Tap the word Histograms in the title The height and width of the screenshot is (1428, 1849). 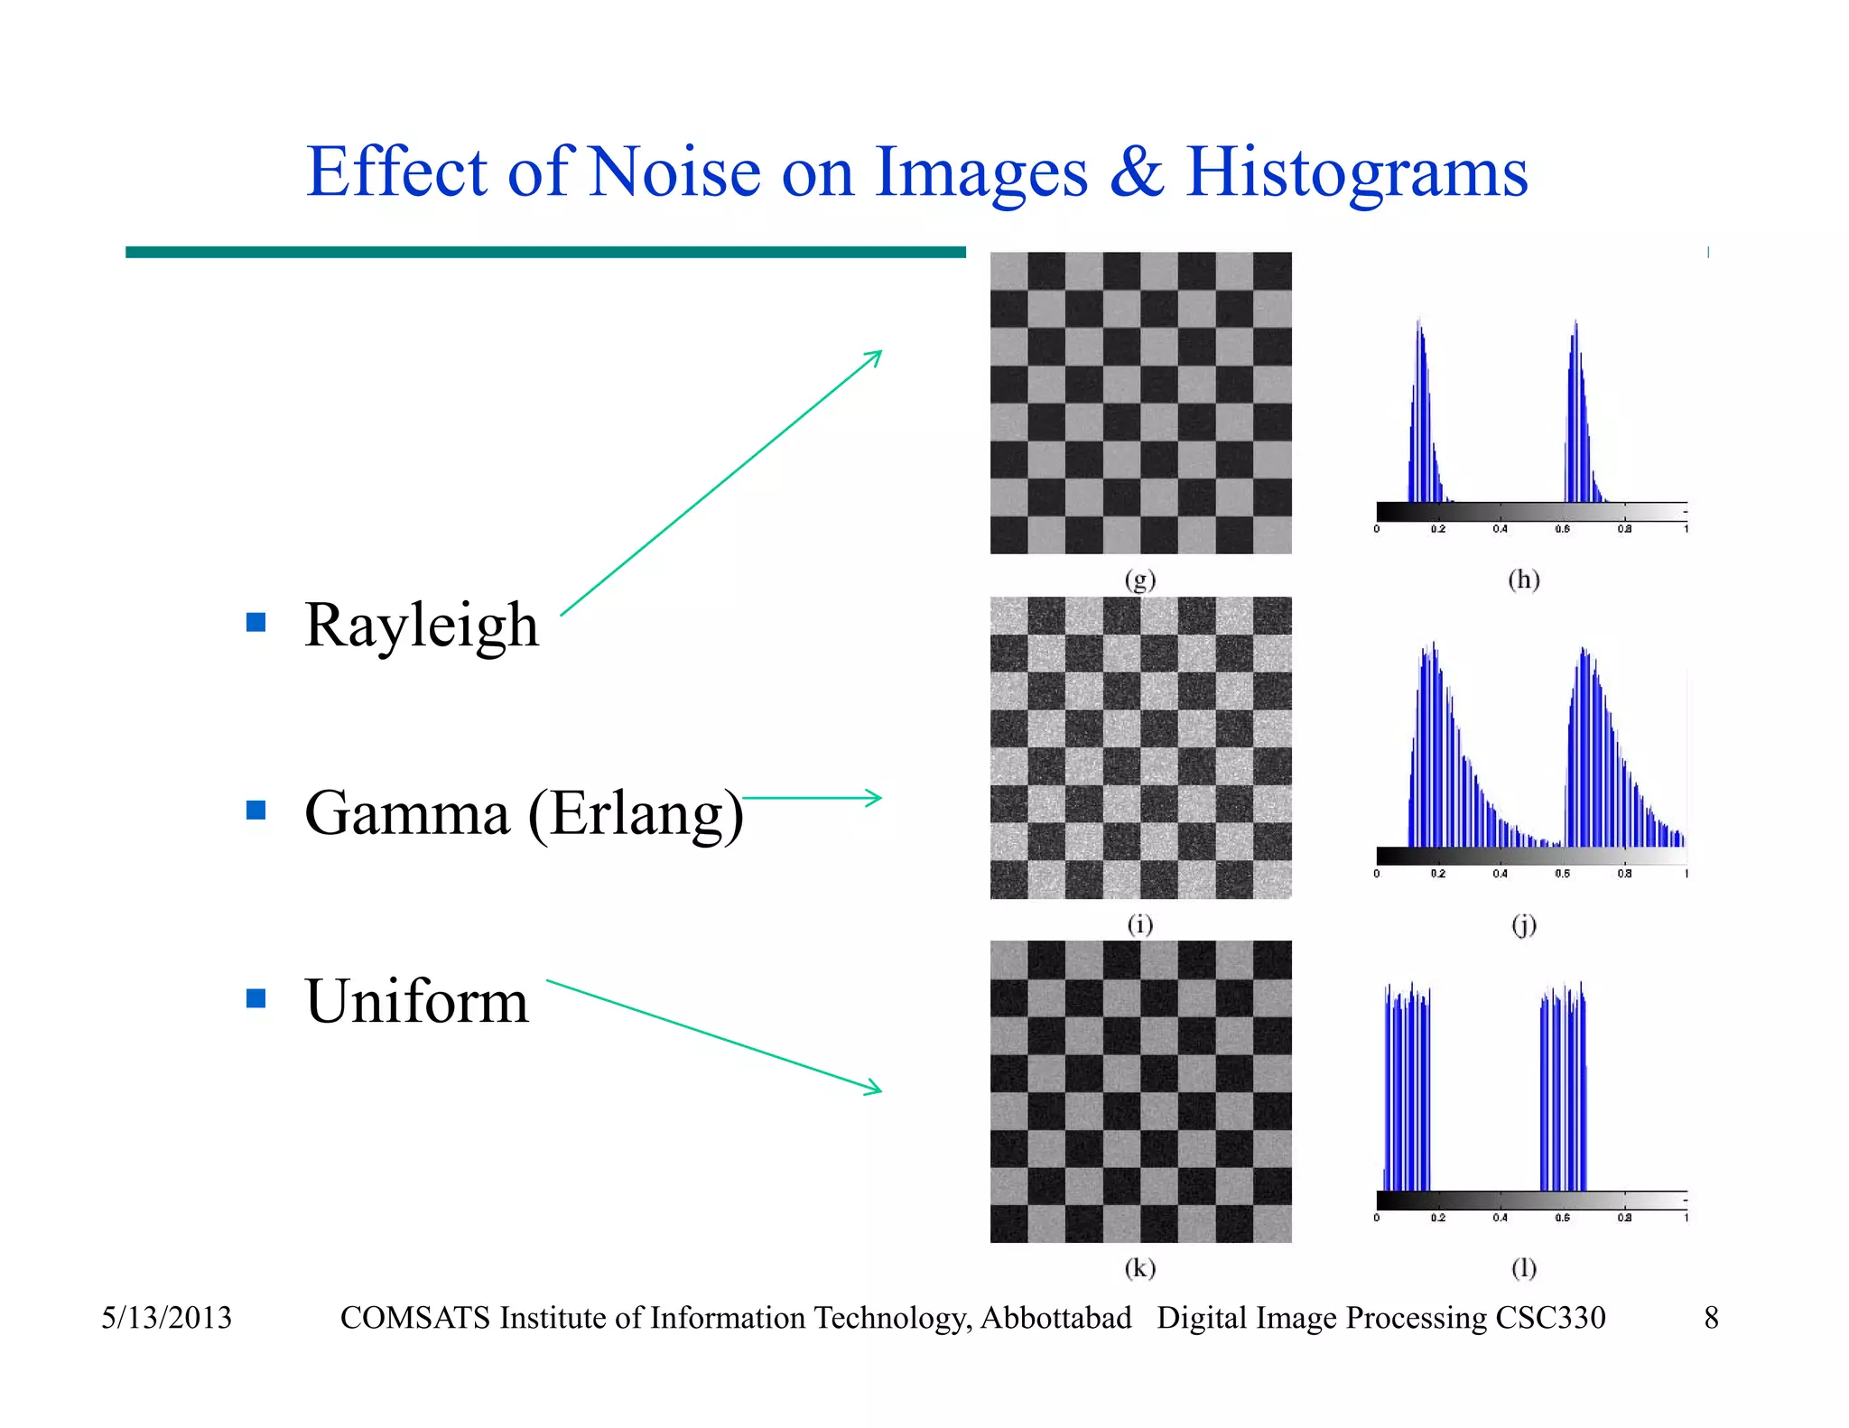[1356, 173]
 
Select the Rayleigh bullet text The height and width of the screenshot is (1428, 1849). [421, 625]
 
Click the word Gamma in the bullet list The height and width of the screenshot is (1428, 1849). [407, 812]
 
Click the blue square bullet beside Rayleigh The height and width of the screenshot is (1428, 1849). [256, 622]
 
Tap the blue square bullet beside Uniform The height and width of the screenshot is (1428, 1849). [256, 997]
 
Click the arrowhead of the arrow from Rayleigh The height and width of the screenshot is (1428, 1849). [875, 356]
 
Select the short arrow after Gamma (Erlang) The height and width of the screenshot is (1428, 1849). [812, 798]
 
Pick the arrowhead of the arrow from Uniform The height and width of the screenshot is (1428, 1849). [874, 1089]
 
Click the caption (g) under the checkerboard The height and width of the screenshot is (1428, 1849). [1140, 580]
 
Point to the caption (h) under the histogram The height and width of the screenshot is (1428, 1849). [1523, 580]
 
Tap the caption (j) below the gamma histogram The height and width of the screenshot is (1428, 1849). [1523, 925]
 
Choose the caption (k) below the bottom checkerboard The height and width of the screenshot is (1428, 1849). [1140, 1268]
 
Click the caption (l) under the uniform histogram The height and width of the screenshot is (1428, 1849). [1523, 1268]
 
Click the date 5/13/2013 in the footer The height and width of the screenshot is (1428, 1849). [166, 1318]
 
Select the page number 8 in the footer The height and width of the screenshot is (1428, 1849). [1711, 1318]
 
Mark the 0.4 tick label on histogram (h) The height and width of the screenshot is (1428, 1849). [1500, 529]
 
